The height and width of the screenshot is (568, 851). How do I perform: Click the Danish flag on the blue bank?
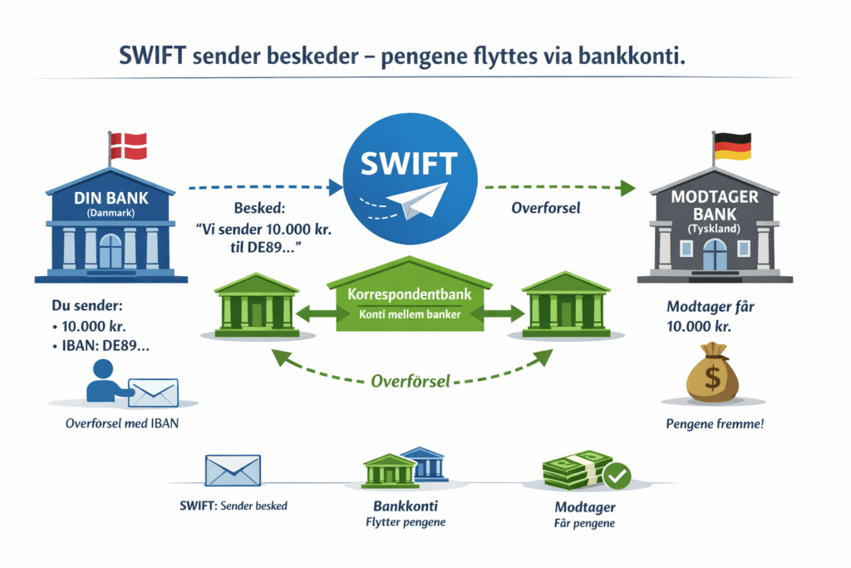point(128,146)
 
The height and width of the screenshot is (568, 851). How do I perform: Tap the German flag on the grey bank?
point(732,146)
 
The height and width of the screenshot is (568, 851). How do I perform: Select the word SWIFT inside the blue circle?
point(409,164)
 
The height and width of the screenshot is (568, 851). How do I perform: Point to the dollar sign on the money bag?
point(712,377)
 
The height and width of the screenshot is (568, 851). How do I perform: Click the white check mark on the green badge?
point(617,476)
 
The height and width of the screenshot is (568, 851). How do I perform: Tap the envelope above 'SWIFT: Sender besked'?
point(233,470)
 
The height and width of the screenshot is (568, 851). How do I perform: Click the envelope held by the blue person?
point(153,393)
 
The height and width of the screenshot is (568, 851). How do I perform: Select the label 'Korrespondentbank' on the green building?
point(410,294)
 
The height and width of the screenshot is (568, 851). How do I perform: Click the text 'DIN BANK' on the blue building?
point(111,198)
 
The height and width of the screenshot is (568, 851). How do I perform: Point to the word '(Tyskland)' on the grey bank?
point(714,229)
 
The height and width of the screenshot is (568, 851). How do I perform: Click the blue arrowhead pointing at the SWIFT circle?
point(336,187)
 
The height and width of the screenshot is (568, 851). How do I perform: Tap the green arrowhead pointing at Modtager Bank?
point(628,188)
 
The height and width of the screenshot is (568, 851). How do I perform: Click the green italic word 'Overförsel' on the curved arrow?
point(411,381)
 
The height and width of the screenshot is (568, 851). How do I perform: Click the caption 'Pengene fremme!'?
point(715,423)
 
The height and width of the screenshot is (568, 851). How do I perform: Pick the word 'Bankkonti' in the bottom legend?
point(406,506)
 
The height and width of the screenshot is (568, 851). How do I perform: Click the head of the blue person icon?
point(102,368)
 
